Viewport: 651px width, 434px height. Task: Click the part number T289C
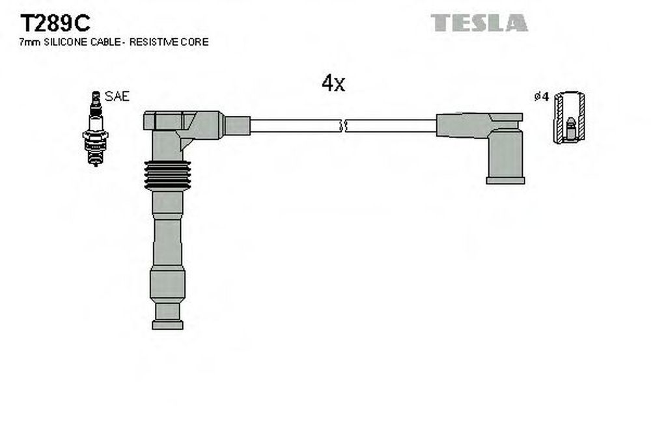pos(55,23)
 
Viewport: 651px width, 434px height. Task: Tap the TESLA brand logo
pos(479,23)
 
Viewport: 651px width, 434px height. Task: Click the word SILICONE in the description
pos(64,42)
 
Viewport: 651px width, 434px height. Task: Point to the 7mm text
pos(30,42)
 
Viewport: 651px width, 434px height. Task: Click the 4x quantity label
pos(333,83)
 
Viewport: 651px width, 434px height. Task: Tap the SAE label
pos(117,96)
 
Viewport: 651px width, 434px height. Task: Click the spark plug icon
pos(96,128)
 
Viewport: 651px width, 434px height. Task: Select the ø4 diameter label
pos(542,97)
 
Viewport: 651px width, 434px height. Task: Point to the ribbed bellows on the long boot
pos(167,176)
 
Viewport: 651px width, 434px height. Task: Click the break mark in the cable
pos(342,126)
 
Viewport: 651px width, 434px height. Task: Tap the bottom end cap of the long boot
pos(167,325)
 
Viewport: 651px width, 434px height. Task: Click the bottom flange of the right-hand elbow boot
pos(505,180)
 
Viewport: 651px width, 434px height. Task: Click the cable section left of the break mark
pos(295,126)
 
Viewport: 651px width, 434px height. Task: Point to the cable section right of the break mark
pos(391,126)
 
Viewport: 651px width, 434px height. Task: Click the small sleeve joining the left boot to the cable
pos(237,126)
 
